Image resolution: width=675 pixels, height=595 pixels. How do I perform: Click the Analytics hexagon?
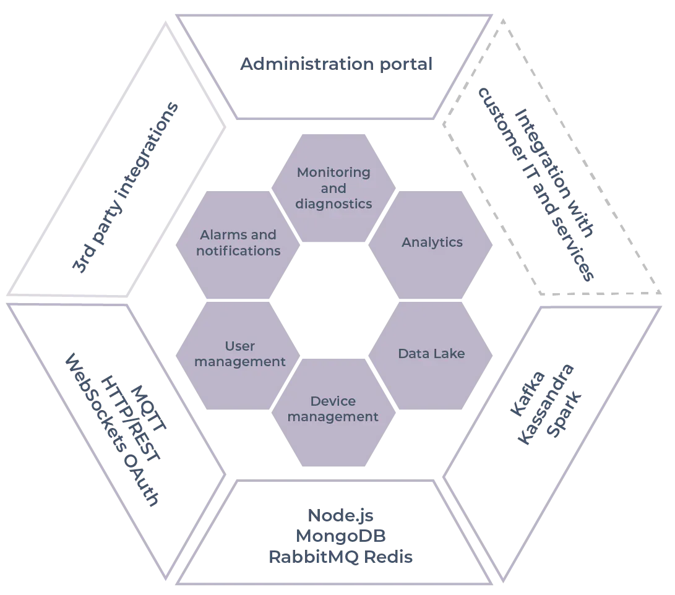(432, 242)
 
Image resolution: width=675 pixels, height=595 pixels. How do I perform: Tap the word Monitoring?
(333, 173)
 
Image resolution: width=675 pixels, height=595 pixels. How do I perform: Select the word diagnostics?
(333, 204)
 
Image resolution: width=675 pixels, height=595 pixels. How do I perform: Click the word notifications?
(238, 251)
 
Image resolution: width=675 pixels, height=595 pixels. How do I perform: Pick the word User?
(240, 346)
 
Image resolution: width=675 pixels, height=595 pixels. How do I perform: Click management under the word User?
(240, 362)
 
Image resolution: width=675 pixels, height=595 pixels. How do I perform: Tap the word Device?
(333, 401)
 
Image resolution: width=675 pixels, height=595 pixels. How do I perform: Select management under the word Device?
(333, 417)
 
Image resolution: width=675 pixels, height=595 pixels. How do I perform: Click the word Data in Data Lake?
(413, 354)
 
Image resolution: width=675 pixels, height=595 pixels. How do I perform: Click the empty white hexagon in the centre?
(334, 298)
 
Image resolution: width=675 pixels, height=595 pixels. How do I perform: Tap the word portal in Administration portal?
(405, 64)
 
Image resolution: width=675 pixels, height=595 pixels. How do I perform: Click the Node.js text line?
(342, 515)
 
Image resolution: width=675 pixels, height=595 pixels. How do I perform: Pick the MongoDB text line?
(342, 536)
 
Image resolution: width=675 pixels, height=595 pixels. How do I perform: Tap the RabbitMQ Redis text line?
(342, 557)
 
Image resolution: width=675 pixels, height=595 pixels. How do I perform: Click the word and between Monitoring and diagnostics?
(333, 188)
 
